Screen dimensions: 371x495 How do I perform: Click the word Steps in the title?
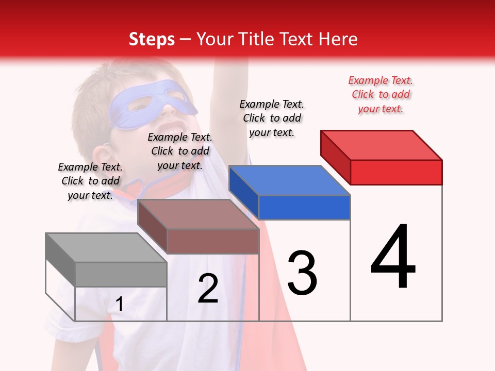152,39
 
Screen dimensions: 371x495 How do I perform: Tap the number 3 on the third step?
302,273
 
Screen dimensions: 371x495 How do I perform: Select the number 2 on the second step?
208,289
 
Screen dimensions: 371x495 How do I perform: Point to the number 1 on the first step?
119,305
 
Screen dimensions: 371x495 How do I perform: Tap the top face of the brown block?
199,214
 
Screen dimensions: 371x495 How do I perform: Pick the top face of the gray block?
106,248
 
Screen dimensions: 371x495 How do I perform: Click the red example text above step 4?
381,95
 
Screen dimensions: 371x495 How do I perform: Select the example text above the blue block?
272,118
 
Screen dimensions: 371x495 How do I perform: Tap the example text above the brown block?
180,151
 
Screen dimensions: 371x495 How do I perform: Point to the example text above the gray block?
90,181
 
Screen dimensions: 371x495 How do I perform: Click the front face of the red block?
396,172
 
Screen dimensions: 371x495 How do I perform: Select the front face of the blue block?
304,207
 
